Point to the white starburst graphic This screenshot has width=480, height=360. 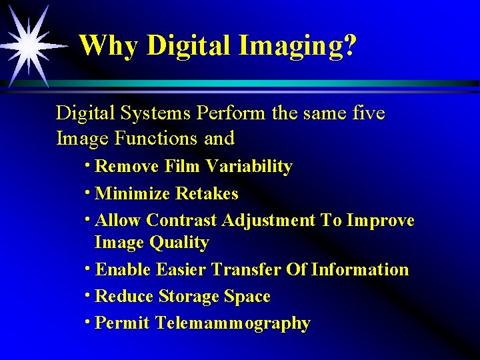coord(29,43)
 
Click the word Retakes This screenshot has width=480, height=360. coord(207,194)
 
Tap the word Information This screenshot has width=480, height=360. coord(360,270)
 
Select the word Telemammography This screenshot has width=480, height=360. coord(233,323)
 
